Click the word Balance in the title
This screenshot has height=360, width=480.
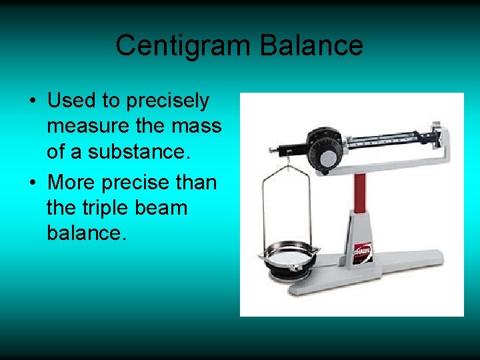(311, 46)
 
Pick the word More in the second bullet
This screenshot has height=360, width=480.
(72, 181)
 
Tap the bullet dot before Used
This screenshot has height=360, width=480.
(32, 102)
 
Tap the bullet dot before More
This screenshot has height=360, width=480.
(32, 182)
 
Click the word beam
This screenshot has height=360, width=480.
(161, 208)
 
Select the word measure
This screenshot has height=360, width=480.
(87, 127)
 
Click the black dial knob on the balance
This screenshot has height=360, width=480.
(327, 157)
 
